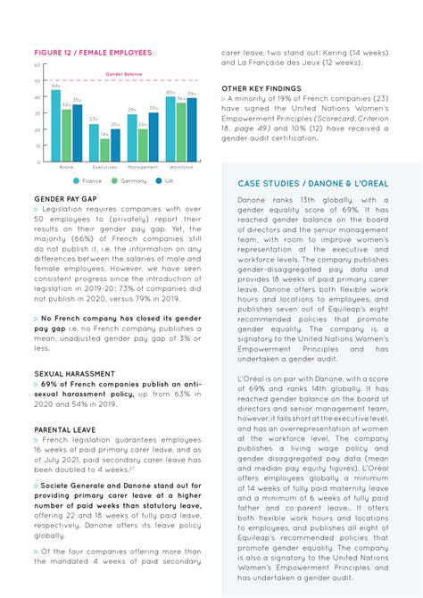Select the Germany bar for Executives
(104, 150)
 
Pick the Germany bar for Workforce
(181, 132)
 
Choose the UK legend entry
(165, 180)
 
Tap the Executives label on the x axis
(104, 167)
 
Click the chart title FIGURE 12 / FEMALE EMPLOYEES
(93, 53)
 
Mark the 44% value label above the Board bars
(55, 86)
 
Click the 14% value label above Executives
(104, 134)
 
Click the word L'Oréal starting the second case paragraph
(253, 380)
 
